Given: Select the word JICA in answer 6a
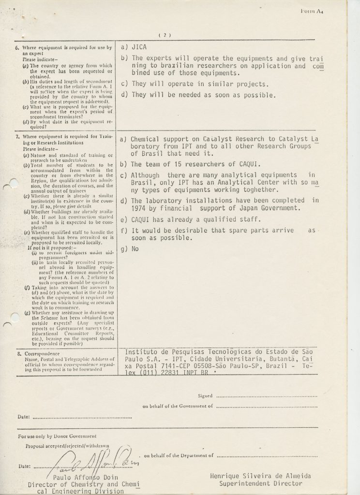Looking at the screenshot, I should point(140,47).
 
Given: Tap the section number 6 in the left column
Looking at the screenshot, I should point(17,48).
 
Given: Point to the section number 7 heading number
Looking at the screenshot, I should point(17,137).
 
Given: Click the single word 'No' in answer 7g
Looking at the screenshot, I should point(135,249).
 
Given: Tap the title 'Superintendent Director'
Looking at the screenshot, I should point(260,483).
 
